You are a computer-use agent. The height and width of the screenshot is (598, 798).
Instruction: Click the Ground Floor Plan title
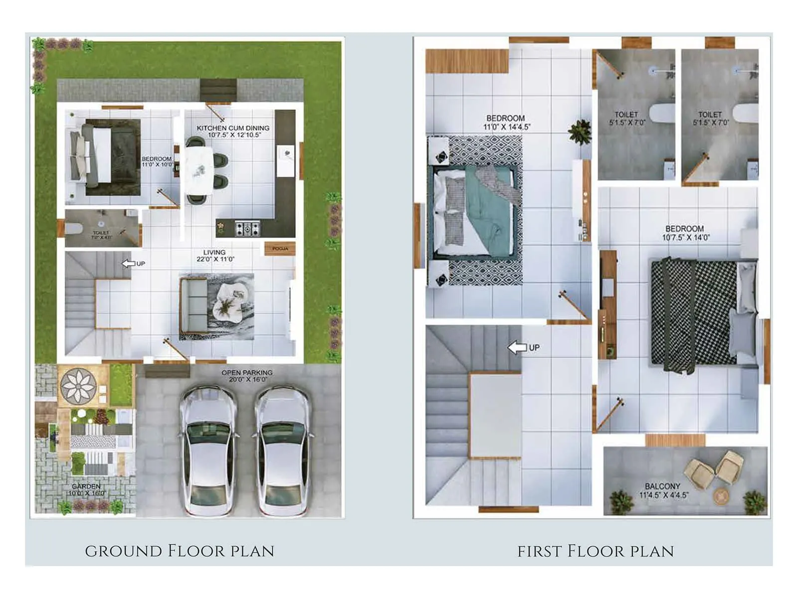point(180,551)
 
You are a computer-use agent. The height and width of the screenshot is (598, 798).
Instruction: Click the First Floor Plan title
point(596,551)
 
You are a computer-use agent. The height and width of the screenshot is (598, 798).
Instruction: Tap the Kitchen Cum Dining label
point(233,131)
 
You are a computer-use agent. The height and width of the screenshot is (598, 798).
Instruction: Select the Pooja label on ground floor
point(280,248)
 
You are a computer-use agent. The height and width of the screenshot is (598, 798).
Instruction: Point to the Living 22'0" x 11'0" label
point(215,256)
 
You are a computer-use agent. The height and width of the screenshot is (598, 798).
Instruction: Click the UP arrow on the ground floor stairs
point(129,263)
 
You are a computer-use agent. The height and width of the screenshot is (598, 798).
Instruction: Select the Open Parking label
point(247,376)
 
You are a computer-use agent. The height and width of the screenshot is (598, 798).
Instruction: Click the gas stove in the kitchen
point(247,229)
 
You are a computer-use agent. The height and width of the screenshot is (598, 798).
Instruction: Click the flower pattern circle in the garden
point(78,385)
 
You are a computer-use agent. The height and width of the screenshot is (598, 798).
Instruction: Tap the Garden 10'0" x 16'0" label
point(86,489)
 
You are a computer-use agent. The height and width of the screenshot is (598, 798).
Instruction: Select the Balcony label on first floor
point(663,490)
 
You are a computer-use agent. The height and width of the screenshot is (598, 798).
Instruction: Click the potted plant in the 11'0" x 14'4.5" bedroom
point(580,132)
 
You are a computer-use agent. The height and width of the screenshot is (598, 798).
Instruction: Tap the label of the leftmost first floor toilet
point(626,118)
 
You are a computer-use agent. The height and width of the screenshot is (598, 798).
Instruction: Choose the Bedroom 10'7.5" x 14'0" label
point(685,233)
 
